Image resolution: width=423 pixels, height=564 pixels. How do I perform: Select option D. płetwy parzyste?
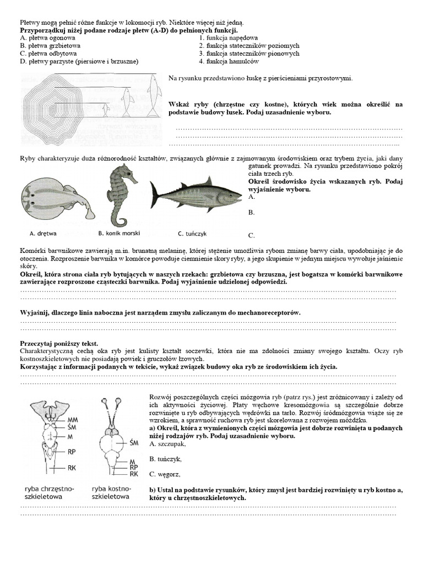coord(79,61)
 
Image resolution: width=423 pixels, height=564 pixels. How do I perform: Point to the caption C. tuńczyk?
coord(193,233)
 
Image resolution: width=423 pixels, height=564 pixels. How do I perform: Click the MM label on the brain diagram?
coord(73,419)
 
